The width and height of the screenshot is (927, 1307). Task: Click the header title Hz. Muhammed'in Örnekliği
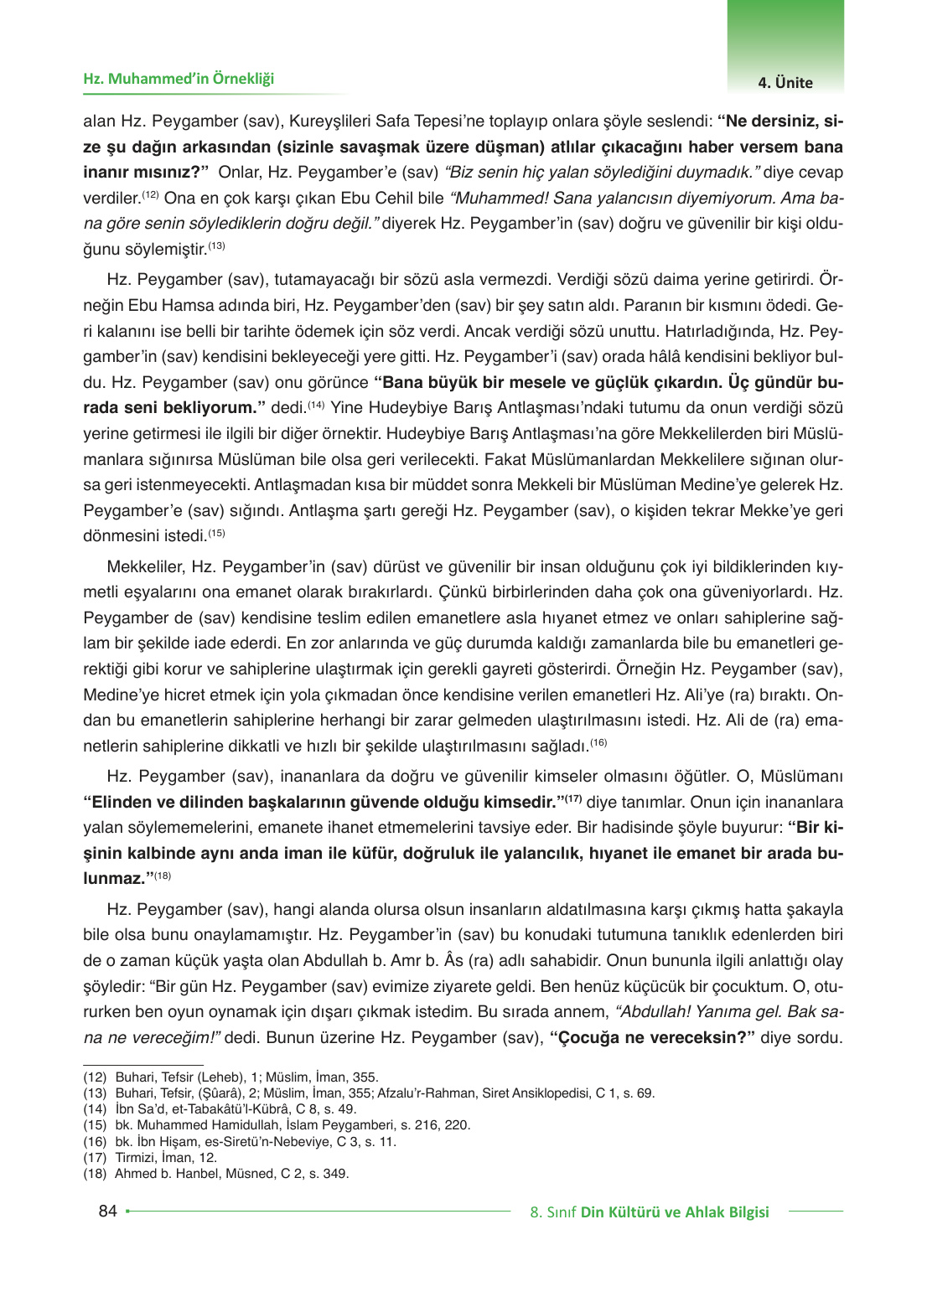[x=179, y=79]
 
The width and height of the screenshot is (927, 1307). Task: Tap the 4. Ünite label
[x=785, y=82]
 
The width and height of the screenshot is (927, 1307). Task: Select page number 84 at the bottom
[x=107, y=1211]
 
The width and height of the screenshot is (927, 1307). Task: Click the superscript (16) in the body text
[x=598, y=742]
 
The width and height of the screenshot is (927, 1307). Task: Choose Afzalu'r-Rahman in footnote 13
[x=429, y=1093]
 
